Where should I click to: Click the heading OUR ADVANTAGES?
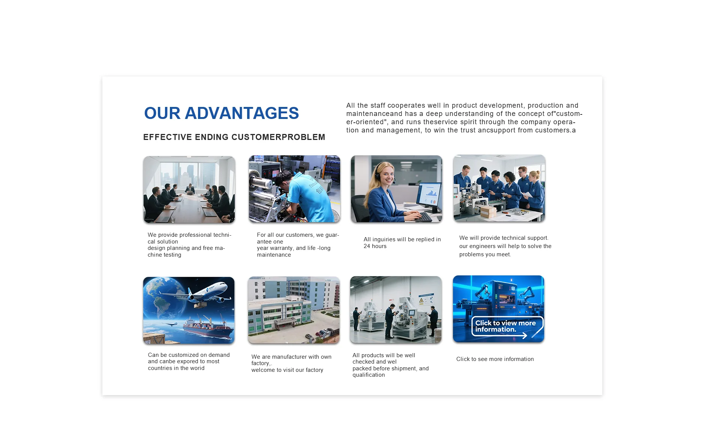click(x=221, y=113)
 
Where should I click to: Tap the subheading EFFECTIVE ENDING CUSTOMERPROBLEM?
click(x=234, y=137)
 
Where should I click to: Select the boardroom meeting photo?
click(x=189, y=189)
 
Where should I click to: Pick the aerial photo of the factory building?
click(x=294, y=310)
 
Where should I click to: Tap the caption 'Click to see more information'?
click(x=495, y=359)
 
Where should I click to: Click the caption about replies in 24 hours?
click(x=402, y=243)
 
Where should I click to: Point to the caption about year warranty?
click(x=298, y=245)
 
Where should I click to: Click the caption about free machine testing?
click(x=189, y=245)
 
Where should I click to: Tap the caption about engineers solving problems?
click(x=505, y=246)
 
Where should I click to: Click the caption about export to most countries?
click(x=189, y=361)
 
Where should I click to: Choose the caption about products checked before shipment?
click(x=390, y=365)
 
